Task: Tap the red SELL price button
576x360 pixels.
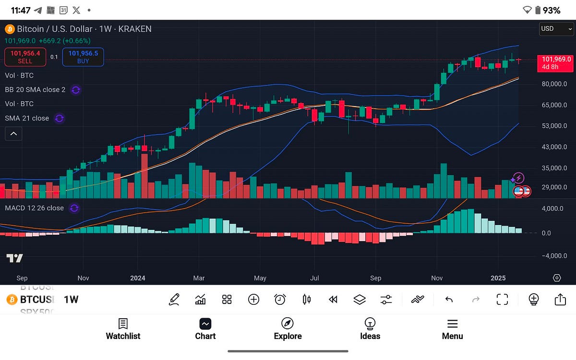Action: [x=25, y=57]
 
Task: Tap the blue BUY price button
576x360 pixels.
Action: [x=83, y=57]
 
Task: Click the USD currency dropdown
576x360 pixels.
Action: [x=556, y=29]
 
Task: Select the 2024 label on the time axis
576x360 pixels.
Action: [x=137, y=278]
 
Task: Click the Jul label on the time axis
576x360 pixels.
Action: [x=314, y=278]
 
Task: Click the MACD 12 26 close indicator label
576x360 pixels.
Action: [x=34, y=208]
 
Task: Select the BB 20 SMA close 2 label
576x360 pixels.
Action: [x=35, y=90]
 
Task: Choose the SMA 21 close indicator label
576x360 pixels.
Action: [x=27, y=118]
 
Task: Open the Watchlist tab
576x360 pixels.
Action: [x=123, y=329]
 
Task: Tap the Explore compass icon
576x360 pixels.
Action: [x=288, y=324]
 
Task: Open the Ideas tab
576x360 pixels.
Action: [x=370, y=329]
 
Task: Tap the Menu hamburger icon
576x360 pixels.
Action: [x=452, y=324]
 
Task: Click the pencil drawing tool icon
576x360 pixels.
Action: [x=174, y=300]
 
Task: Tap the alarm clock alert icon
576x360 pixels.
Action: [x=280, y=300]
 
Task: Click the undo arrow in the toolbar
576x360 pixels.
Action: [x=449, y=300]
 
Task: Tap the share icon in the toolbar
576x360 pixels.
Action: [x=560, y=300]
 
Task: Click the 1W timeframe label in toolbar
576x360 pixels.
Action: [x=71, y=300]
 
